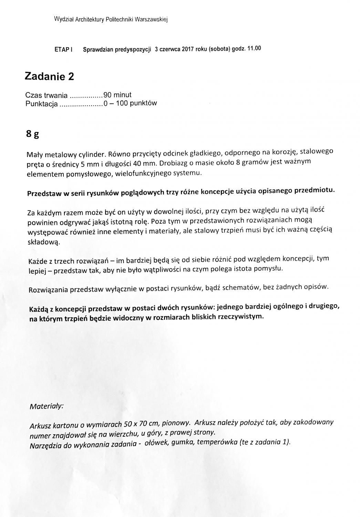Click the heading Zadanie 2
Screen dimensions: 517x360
[x=49, y=77]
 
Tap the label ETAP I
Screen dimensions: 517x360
[x=63, y=50]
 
